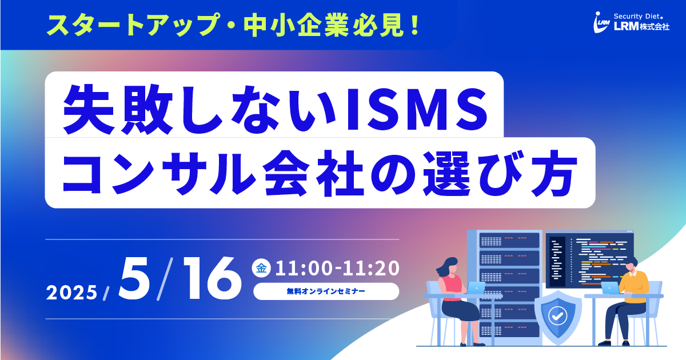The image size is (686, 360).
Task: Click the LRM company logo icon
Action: pyautogui.click(x=601, y=22)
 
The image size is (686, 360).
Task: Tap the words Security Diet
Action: pyautogui.click(x=639, y=17)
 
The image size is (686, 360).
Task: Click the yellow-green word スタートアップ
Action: pyautogui.click(x=133, y=25)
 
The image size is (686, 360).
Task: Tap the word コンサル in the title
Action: pyautogui.click(x=159, y=173)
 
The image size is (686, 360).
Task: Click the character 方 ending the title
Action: pyautogui.click(x=555, y=173)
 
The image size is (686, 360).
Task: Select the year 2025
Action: pyautogui.click(x=71, y=293)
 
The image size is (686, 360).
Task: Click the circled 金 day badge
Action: pyautogui.click(x=261, y=268)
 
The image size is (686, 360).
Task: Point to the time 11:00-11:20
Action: pyautogui.click(x=337, y=268)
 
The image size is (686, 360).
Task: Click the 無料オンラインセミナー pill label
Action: pyautogui.click(x=326, y=291)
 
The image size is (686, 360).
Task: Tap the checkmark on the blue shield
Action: pyautogui.click(x=558, y=316)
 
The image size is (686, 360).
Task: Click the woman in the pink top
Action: pyautogui.click(x=456, y=300)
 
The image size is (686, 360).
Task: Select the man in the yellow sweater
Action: pyautogui.click(x=627, y=300)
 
